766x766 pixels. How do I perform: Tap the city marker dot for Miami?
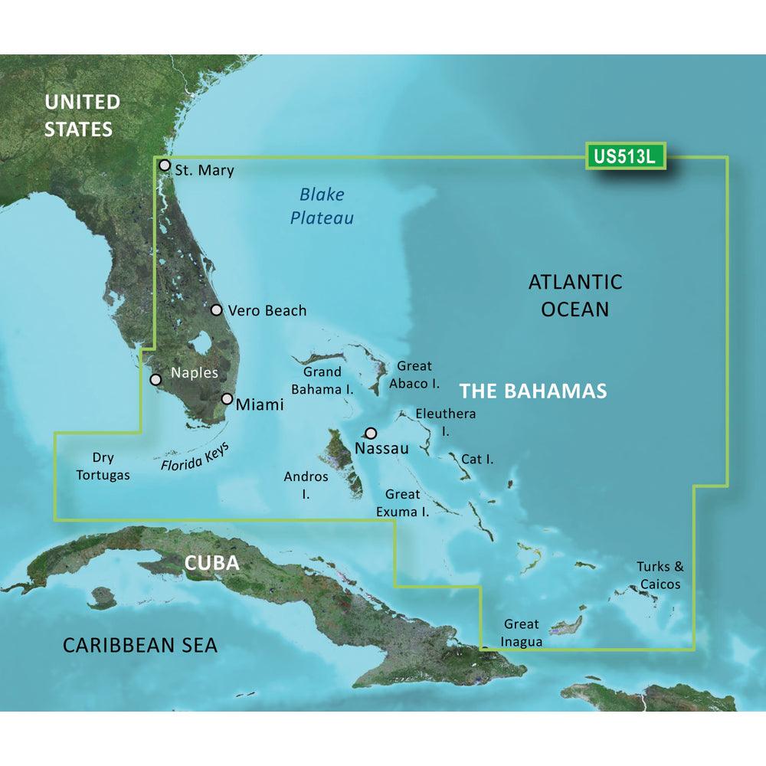[x=228, y=398]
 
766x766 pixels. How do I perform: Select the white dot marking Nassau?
[x=372, y=433]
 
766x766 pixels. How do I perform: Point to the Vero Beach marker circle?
[x=217, y=310]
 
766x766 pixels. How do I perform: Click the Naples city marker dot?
[x=156, y=379]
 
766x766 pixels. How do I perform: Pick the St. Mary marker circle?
[x=164, y=165]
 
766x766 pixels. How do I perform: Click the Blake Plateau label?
[x=322, y=207]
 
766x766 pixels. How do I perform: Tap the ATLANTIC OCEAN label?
[x=574, y=296]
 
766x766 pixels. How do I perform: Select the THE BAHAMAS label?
[x=533, y=391]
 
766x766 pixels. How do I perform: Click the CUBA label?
[x=211, y=563]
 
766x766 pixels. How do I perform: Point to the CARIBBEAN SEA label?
[x=139, y=645]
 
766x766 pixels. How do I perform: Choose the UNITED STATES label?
[x=82, y=115]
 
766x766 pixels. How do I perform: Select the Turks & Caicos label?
[x=659, y=575]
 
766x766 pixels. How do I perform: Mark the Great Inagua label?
[x=521, y=633]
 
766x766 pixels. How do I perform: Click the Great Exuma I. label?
[x=407, y=502]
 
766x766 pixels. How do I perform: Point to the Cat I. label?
[x=476, y=460]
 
